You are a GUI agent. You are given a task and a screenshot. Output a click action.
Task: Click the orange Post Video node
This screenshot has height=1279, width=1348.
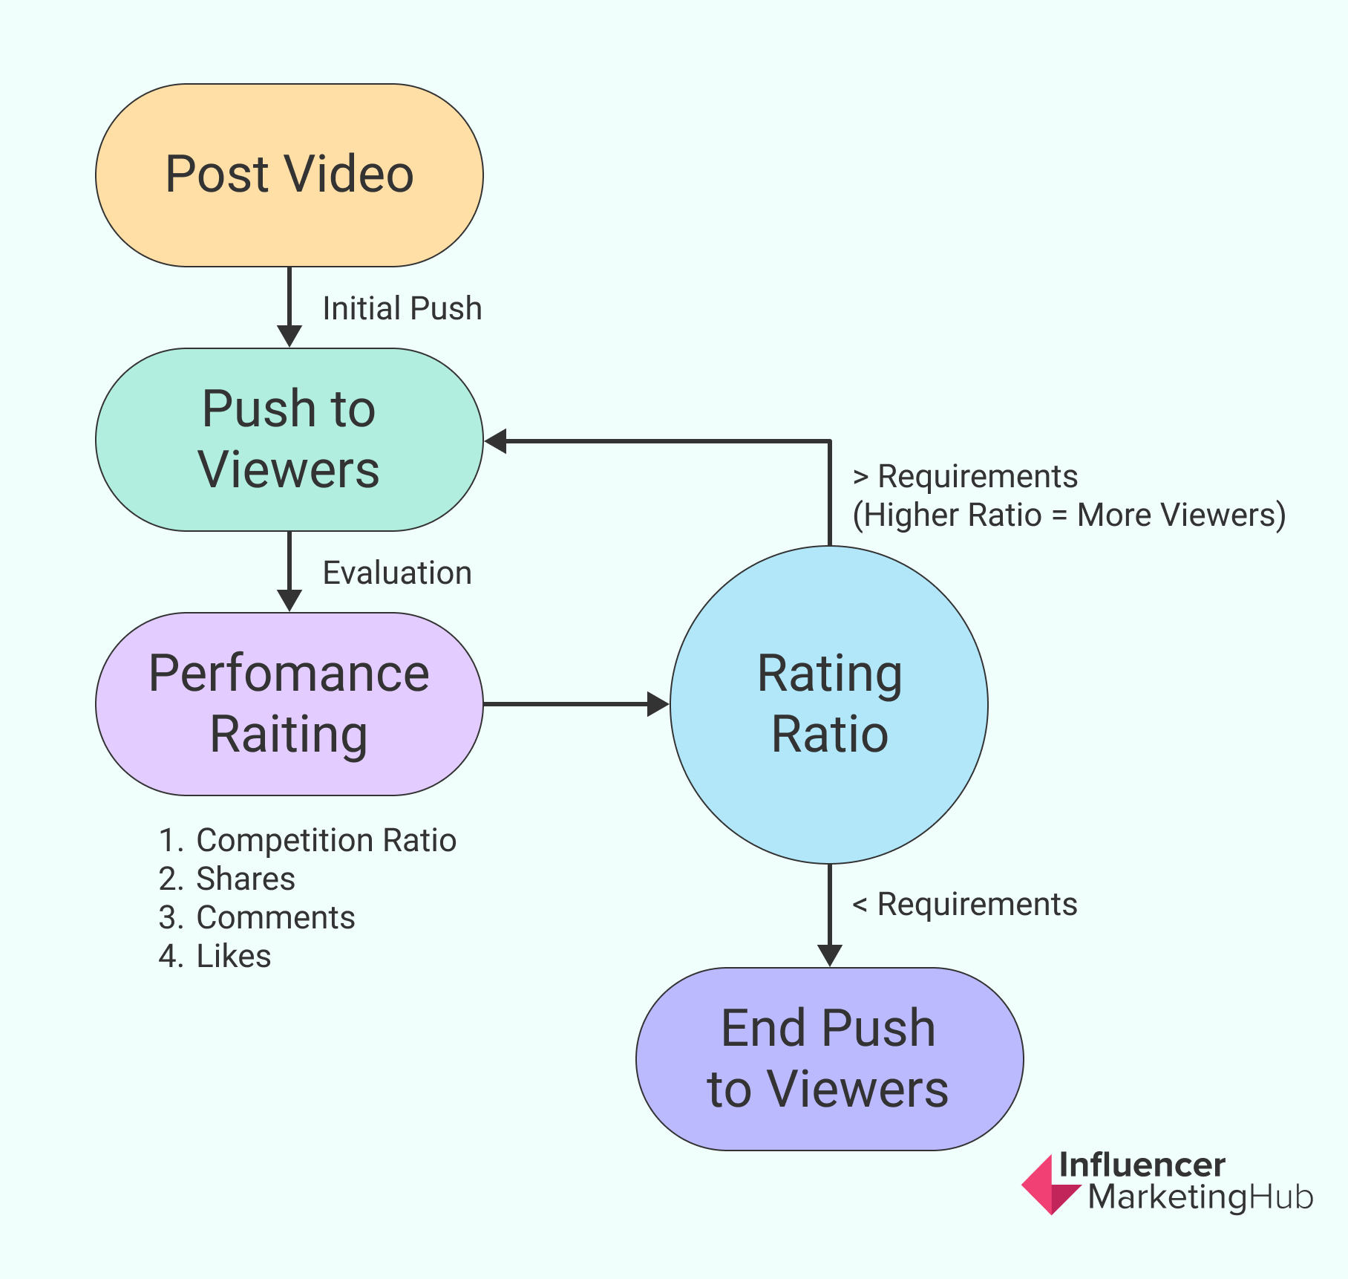pyautogui.click(x=289, y=175)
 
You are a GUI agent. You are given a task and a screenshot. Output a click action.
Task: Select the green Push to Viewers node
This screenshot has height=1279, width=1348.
pyautogui.click(x=289, y=440)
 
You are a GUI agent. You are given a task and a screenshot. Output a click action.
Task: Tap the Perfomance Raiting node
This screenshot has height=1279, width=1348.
pyautogui.click(x=289, y=704)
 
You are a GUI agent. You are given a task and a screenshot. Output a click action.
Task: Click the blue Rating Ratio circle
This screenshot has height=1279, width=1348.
pyautogui.click(x=829, y=705)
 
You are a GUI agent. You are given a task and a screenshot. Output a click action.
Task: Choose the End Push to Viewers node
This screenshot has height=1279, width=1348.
pyautogui.click(x=829, y=1059)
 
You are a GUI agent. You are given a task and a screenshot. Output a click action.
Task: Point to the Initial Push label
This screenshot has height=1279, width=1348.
pyautogui.click(x=402, y=308)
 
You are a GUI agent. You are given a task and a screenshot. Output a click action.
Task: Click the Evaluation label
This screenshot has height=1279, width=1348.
pyautogui.click(x=397, y=573)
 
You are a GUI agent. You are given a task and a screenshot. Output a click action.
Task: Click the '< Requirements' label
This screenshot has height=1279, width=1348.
pyautogui.click(x=965, y=904)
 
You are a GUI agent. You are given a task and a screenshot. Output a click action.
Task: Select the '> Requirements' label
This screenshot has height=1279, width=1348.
pyautogui.click(x=965, y=476)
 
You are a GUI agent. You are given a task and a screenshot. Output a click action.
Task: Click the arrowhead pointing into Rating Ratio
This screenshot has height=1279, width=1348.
pyautogui.click(x=658, y=704)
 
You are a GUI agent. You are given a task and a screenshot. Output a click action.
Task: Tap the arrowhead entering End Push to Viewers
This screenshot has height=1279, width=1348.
pyautogui.click(x=829, y=956)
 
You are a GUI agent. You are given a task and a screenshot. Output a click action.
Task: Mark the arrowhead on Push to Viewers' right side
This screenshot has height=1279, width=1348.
pyautogui.click(x=495, y=441)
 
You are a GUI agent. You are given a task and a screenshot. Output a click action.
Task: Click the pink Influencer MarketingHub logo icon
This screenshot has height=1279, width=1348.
pyautogui.click(x=1050, y=1185)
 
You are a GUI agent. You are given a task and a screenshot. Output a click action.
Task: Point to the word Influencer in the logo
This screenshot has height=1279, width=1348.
pyautogui.click(x=1142, y=1165)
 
